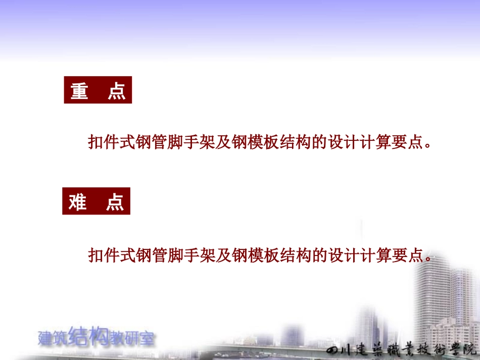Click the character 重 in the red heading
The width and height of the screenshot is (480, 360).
(x=79, y=91)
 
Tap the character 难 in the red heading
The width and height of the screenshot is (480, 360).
(x=78, y=202)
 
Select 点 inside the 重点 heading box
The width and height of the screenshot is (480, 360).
(x=117, y=91)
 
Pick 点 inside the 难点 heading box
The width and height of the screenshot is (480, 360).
(x=115, y=202)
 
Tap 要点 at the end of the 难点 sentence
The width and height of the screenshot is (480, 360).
(x=412, y=255)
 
